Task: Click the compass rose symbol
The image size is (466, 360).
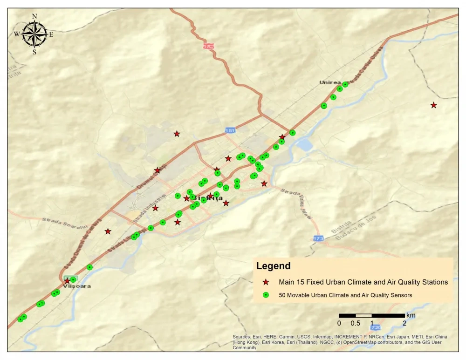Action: click(x=34, y=34)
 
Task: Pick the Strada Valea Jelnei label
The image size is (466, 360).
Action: click(x=301, y=200)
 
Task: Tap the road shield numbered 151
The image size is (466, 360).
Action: click(x=229, y=131)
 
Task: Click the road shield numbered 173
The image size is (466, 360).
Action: click(x=318, y=238)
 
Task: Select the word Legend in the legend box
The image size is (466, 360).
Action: click(x=273, y=266)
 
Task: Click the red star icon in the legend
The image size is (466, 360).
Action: click(x=266, y=282)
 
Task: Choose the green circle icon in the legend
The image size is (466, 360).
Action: click(x=266, y=295)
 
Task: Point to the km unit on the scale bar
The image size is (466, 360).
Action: click(x=411, y=315)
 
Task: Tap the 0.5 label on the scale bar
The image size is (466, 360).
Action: click(x=355, y=323)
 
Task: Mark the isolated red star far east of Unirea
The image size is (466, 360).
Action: click(x=433, y=105)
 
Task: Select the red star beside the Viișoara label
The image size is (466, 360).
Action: click(x=67, y=281)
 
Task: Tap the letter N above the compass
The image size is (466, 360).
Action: click(x=34, y=16)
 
